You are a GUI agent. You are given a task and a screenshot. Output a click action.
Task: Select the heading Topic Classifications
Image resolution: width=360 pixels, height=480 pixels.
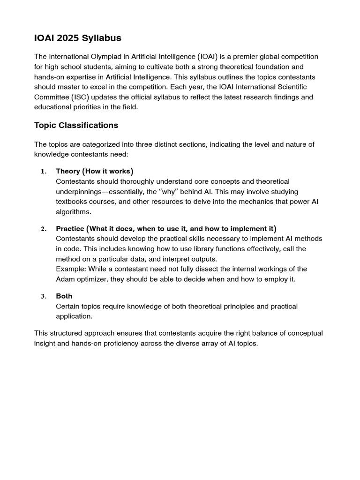coord(76,125)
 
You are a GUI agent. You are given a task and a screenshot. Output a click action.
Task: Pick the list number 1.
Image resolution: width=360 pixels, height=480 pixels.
coord(43,172)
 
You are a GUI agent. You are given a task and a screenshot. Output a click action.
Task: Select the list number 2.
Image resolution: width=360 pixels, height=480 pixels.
coord(43,229)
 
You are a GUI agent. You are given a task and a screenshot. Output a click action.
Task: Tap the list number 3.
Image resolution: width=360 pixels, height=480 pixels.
coord(43,296)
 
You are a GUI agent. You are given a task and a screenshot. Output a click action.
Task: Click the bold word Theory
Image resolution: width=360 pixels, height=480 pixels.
coord(68,171)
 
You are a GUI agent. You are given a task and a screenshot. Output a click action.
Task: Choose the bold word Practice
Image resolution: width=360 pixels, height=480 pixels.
coord(70,229)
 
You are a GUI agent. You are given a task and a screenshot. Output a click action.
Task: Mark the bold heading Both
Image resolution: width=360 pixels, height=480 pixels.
coord(64,296)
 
